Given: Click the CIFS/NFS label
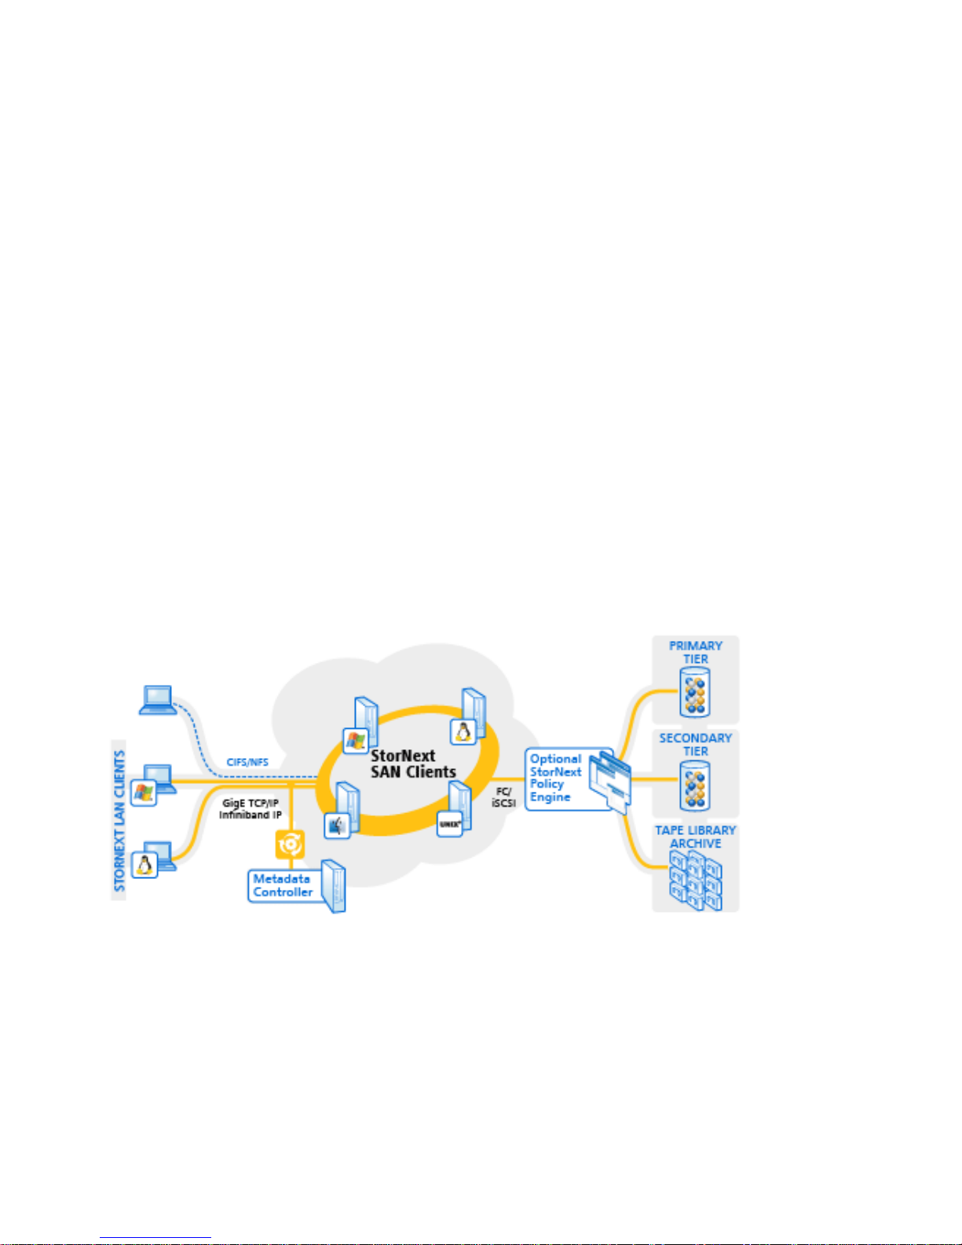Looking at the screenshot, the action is click(x=247, y=762).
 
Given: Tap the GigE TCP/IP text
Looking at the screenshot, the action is click(x=250, y=803).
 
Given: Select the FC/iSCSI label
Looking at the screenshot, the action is click(x=503, y=797).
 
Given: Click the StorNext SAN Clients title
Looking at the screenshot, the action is click(x=413, y=764).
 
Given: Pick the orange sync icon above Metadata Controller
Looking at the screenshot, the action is click(x=290, y=844).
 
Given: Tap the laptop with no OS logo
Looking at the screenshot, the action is click(x=158, y=699).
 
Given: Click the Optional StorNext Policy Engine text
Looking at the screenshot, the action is click(x=555, y=778).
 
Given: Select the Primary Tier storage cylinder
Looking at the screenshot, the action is click(x=695, y=692).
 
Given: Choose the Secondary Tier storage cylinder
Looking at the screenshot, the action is click(x=695, y=786).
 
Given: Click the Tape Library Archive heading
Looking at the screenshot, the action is click(x=695, y=837).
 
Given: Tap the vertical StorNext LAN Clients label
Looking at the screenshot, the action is click(x=119, y=820).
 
